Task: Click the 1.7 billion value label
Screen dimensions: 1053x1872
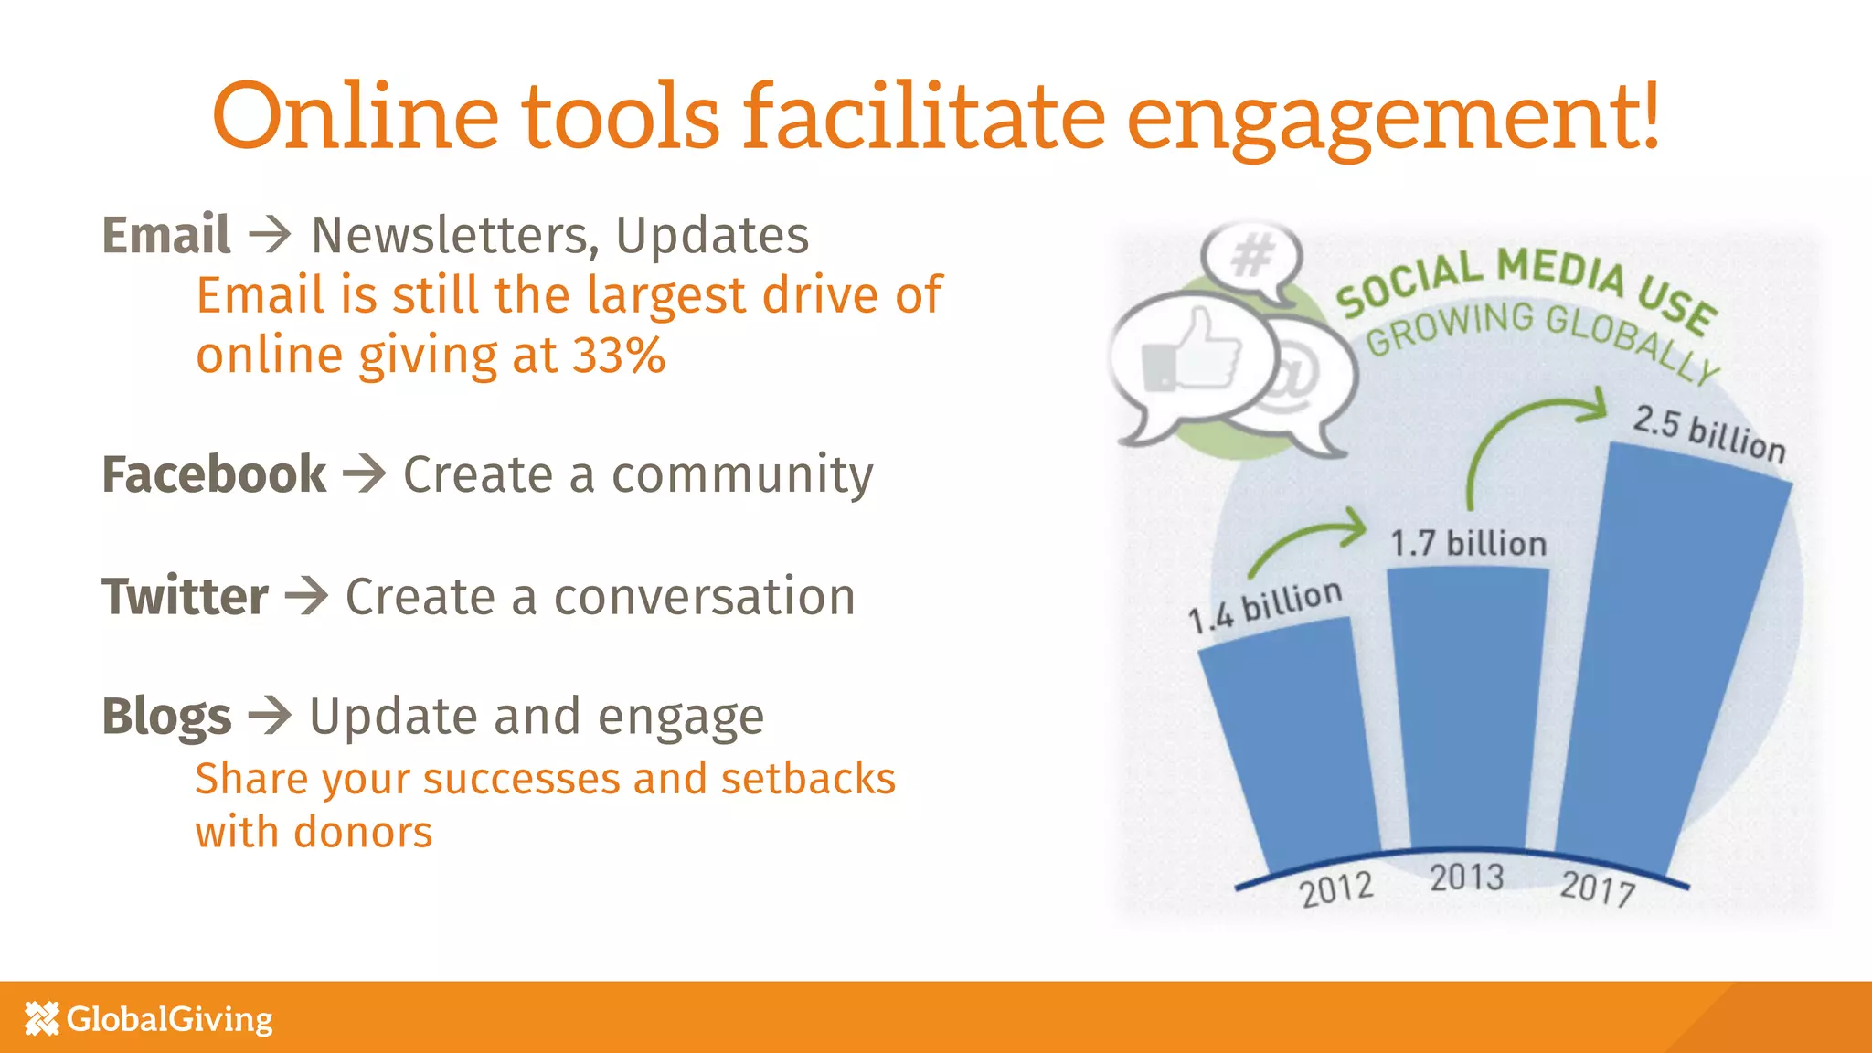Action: (x=1468, y=544)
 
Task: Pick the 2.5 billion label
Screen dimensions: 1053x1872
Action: (x=1708, y=435)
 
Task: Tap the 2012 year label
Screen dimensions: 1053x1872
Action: (x=1336, y=888)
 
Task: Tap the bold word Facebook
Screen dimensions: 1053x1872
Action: (x=214, y=474)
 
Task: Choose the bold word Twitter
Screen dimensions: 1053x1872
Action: (x=185, y=597)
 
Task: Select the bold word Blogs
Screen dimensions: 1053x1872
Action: (x=166, y=717)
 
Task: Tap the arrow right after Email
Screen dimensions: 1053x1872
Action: (x=270, y=235)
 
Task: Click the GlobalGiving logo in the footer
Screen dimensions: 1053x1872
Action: (x=149, y=1018)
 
